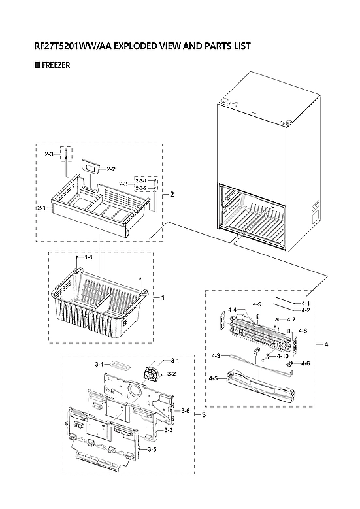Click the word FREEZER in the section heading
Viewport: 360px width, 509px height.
(x=56, y=65)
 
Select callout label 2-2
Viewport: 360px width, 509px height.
(x=110, y=169)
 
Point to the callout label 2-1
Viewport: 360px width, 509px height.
(x=41, y=208)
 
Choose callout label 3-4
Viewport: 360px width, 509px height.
(x=99, y=363)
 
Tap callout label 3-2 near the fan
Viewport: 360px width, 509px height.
(x=171, y=373)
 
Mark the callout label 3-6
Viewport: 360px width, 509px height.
(x=185, y=410)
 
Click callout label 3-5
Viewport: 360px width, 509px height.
(x=151, y=449)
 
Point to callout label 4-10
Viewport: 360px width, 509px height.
(x=282, y=356)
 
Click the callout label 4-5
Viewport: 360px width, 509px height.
(x=213, y=378)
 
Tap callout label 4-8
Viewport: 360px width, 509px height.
(x=302, y=331)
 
